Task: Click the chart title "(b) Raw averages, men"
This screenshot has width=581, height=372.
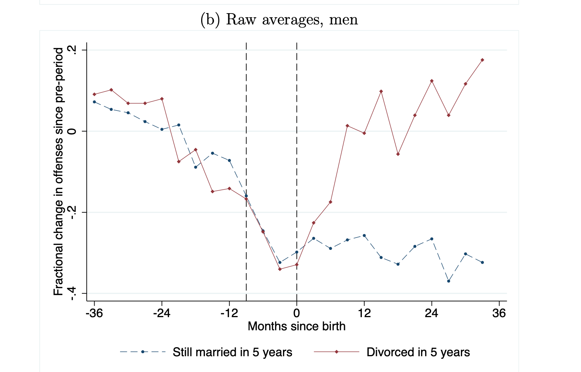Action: [279, 20]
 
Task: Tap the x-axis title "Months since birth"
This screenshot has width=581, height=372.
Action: [297, 326]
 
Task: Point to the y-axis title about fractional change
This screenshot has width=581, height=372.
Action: [59, 172]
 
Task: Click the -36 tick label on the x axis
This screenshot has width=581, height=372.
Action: [94, 313]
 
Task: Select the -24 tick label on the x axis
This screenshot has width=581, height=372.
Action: [162, 313]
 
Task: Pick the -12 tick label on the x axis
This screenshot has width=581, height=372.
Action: [229, 313]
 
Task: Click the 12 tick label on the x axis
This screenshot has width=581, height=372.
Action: [364, 313]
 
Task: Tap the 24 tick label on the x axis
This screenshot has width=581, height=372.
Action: [432, 313]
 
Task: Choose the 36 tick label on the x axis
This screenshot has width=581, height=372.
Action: [499, 313]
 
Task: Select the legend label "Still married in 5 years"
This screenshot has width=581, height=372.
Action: [232, 352]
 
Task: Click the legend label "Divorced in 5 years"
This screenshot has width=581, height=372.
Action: [418, 352]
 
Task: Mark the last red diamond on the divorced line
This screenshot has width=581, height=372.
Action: [482, 60]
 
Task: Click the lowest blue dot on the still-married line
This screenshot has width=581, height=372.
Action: [449, 281]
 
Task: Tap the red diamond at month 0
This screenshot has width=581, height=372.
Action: [297, 265]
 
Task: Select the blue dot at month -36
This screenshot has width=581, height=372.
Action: [94, 102]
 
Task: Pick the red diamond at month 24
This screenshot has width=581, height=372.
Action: [432, 81]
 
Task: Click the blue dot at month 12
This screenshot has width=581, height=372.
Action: [364, 236]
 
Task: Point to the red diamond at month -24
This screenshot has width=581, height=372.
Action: [162, 99]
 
